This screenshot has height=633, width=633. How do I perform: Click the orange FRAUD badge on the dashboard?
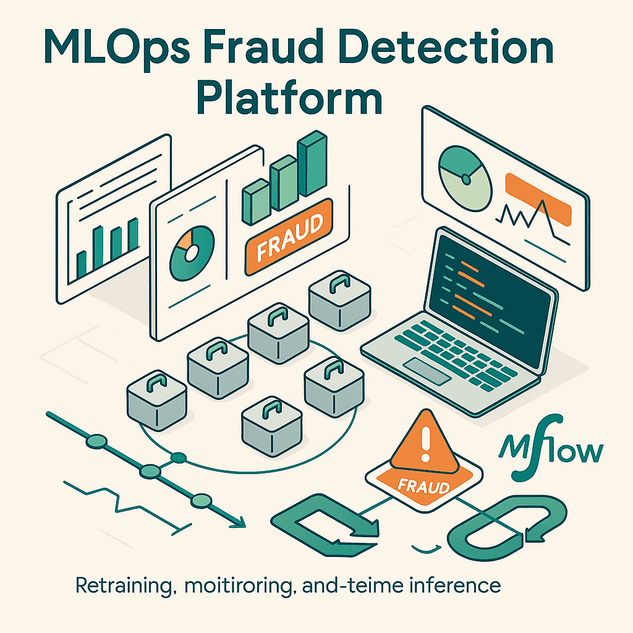click(x=289, y=234)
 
